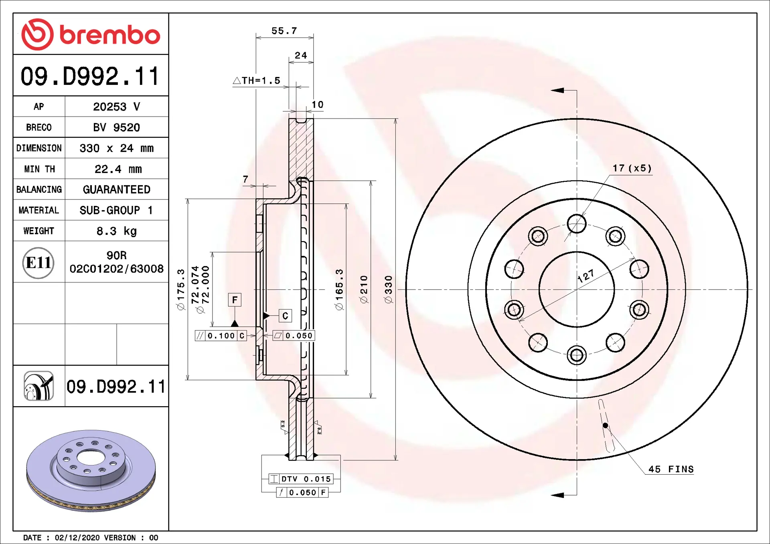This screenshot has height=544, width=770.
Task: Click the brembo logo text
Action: click(x=109, y=35)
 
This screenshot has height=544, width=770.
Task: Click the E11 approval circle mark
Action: click(x=38, y=263)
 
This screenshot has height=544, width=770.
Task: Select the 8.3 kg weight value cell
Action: click(x=116, y=231)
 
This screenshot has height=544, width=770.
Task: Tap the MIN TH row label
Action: click(x=39, y=169)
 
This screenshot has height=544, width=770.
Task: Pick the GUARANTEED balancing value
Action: click(x=116, y=189)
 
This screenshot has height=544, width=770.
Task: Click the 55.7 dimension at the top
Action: click(x=284, y=31)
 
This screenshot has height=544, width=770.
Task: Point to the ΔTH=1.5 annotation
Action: click(x=257, y=81)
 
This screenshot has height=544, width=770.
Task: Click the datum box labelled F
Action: click(x=235, y=300)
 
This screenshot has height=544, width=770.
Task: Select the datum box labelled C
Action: click(x=285, y=316)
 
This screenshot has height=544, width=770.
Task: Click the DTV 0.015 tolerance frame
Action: click(x=301, y=479)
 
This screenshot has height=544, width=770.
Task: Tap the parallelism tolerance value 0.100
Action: click(x=221, y=336)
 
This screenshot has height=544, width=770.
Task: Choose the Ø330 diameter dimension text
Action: click(x=388, y=289)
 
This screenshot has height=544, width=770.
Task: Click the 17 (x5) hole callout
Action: click(x=632, y=168)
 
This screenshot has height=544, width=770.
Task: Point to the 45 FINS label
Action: click(x=671, y=469)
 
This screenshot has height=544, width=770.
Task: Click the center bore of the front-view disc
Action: click(x=576, y=289)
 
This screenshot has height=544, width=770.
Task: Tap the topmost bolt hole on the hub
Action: click(x=577, y=224)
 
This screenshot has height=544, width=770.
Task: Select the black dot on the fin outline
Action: click(x=605, y=425)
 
